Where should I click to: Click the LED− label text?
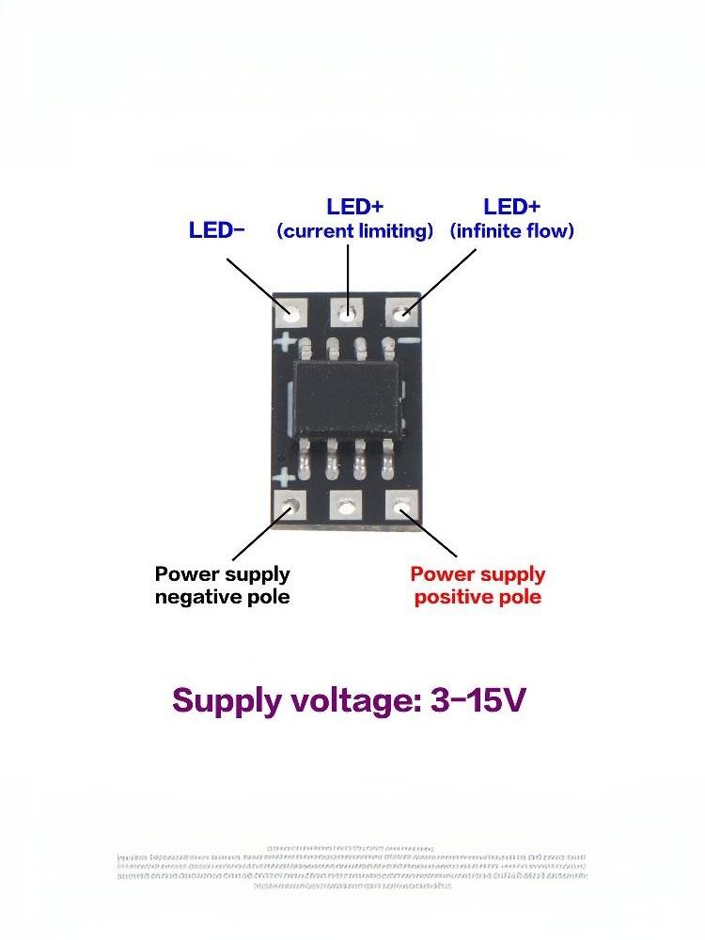pyautogui.click(x=216, y=230)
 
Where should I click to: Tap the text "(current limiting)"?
pyautogui.click(x=355, y=231)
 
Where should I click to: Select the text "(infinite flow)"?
pyautogui.click(x=512, y=231)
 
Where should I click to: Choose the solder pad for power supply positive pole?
pyautogui.click(x=404, y=509)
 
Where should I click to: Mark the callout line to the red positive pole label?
pyautogui.click(x=432, y=534)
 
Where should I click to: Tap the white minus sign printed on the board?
pyautogui.click(x=408, y=341)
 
